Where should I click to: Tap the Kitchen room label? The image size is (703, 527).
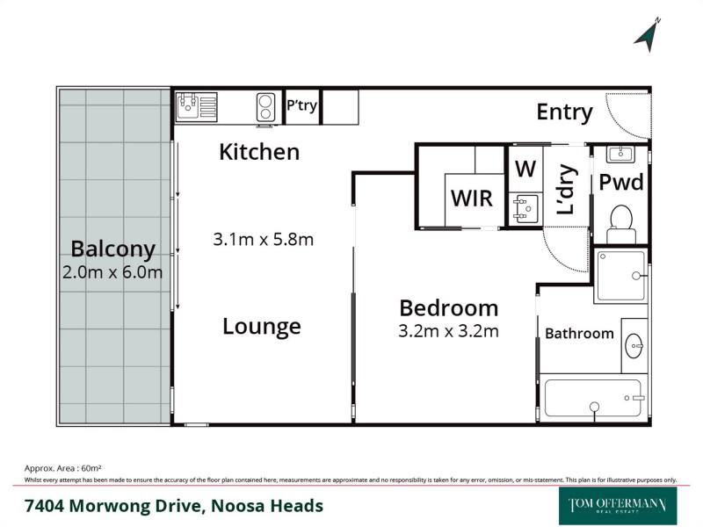[259, 152]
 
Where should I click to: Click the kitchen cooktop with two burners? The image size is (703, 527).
[266, 106]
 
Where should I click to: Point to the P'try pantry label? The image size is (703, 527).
[302, 106]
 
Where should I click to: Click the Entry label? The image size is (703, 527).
[564, 112]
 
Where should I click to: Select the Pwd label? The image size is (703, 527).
[621, 183]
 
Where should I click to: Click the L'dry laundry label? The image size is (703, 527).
[566, 191]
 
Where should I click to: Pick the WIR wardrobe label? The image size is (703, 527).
[472, 197]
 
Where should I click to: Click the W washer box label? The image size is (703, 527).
[525, 168]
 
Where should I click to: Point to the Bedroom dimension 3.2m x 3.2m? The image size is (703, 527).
[449, 331]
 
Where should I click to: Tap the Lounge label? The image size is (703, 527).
[261, 327]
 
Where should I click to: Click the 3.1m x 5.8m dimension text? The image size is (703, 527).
[264, 239]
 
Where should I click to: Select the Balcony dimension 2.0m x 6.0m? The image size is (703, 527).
[113, 272]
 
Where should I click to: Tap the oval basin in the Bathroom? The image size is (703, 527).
[634, 346]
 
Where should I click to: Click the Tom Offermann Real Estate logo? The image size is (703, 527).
[618, 506]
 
